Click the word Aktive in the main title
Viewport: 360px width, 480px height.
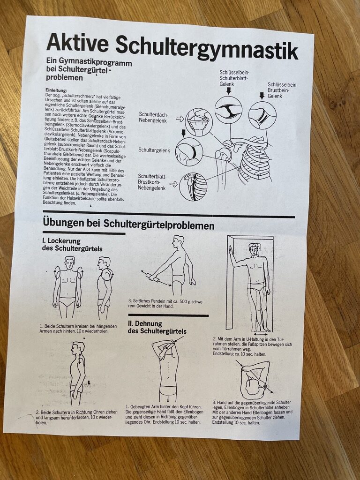point(77,43)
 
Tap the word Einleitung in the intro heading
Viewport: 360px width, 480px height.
point(56,90)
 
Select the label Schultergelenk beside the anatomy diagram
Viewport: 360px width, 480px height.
point(154,150)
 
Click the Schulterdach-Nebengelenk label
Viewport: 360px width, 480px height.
point(153,118)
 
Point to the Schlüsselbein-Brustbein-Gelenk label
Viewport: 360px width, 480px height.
point(282,90)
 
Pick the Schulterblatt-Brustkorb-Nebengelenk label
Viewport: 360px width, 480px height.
point(152,182)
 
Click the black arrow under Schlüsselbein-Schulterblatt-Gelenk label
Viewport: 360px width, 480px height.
point(228,90)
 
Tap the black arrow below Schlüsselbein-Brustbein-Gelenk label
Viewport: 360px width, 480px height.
point(262,96)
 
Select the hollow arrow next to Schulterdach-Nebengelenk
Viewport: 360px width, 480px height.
point(180,118)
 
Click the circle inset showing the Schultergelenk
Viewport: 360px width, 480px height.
point(189,152)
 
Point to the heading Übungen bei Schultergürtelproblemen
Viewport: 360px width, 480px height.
point(128,224)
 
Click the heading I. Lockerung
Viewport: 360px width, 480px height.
point(61,241)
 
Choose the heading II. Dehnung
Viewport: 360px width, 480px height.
point(145,323)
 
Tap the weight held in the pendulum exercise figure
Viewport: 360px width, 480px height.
point(153,277)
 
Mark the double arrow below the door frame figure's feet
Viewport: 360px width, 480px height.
point(261,335)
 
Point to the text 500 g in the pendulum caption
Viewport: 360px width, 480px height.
point(182,301)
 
